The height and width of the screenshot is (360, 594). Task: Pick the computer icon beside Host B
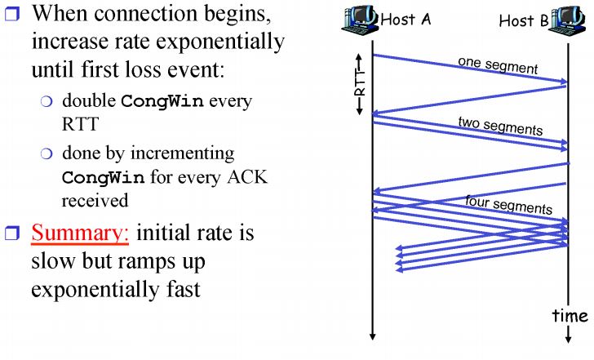(567, 20)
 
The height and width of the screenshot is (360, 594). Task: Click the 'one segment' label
(498, 64)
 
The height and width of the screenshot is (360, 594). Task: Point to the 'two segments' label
(499, 127)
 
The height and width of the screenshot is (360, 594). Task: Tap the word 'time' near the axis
(569, 315)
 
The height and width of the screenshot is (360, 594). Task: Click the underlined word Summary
(81, 234)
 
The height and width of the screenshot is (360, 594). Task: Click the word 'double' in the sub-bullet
(89, 102)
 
